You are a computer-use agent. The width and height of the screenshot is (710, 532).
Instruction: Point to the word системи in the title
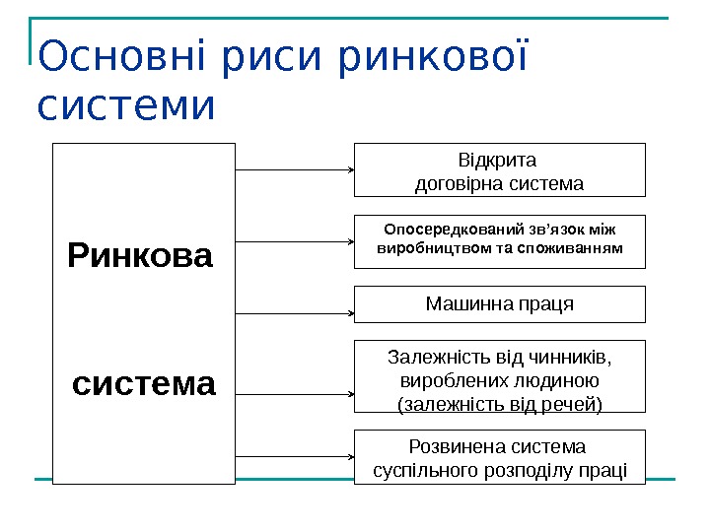(x=125, y=105)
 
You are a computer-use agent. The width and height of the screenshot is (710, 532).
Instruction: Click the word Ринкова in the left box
(x=140, y=257)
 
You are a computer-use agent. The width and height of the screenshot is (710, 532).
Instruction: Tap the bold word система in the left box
(x=144, y=383)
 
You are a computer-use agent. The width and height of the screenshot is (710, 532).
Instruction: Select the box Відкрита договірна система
(x=499, y=170)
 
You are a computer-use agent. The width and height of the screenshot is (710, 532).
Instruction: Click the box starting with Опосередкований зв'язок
(x=499, y=241)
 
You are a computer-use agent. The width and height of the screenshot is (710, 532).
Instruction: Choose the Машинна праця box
(x=499, y=304)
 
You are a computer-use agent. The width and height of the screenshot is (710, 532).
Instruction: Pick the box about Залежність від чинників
(x=499, y=376)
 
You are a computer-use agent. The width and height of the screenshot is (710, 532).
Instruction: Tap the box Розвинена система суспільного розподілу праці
(x=499, y=457)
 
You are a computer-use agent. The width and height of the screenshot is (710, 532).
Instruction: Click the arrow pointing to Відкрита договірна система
(x=296, y=170)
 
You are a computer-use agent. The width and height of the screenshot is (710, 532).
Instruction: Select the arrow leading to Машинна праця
(x=296, y=313)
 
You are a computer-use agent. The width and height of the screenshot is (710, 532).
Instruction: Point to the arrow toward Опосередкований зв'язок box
(x=296, y=241)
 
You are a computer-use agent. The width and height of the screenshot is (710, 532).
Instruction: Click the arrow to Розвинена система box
(x=296, y=457)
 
